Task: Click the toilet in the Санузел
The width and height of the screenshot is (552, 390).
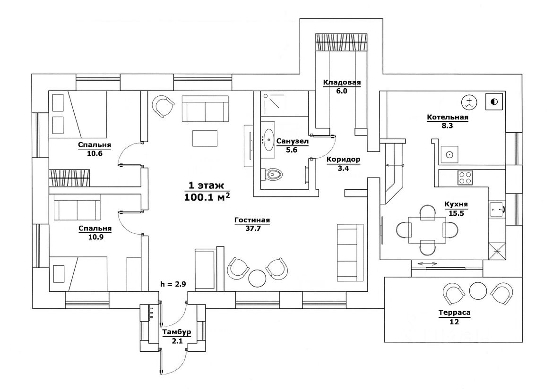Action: point(274,174)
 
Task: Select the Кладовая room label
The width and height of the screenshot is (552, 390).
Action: point(342,83)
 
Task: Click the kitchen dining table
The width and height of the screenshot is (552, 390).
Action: point(427,229)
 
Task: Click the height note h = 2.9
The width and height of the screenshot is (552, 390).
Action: point(173,285)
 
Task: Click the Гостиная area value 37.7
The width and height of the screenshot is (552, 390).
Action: point(252,229)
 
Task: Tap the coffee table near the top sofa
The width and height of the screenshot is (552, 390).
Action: point(205,138)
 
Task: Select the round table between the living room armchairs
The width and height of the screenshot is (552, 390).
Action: point(258,278)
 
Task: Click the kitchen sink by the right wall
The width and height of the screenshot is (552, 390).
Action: point(497,208)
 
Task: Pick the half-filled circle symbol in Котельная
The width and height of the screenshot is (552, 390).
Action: point(494,102)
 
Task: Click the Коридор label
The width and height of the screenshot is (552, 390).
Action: point(343,160)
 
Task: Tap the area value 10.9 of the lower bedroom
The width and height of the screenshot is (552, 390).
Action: point(95,237)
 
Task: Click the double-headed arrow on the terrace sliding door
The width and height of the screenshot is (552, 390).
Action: point(426,263)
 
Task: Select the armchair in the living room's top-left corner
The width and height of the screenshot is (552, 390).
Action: point(163,106)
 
